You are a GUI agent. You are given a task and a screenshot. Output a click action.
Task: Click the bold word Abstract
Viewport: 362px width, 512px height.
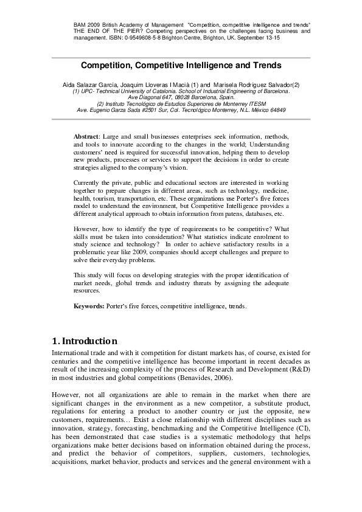(87, 137)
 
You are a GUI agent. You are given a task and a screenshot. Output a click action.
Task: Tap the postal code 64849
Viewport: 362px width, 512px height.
(276, 110)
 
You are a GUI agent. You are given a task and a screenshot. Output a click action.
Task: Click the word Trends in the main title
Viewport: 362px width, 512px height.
(263, 64)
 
